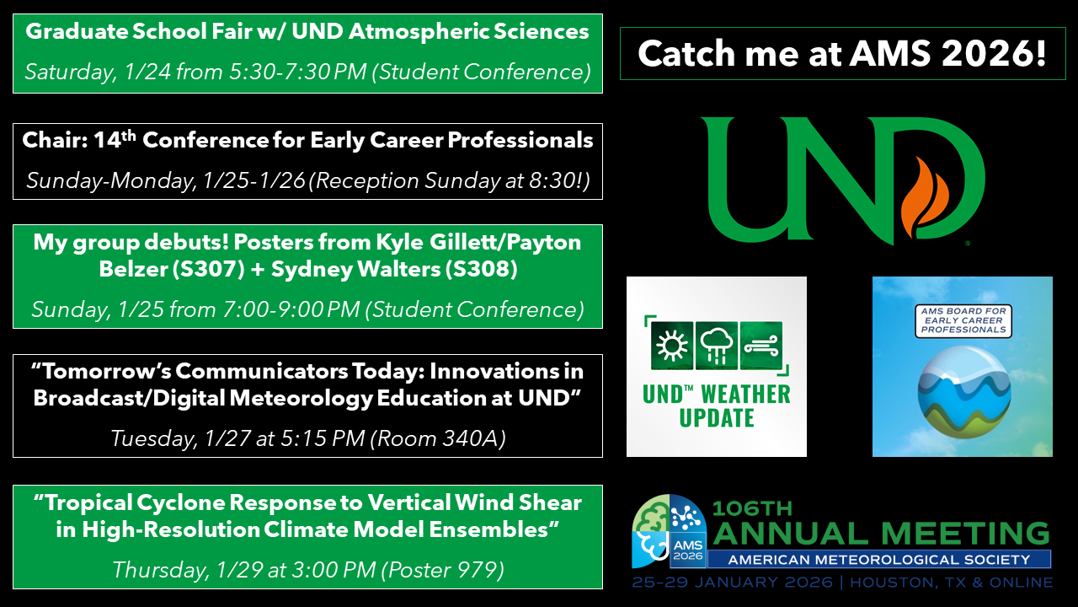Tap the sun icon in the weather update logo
[672, 346]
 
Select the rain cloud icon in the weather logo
[717, 346]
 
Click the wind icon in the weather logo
[760, 346]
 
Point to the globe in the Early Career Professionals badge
[964, 392]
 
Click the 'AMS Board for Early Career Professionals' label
[963, 320]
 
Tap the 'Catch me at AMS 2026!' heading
[842, 53]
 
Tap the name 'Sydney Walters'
[355, 269]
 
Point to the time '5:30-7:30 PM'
[297, 72]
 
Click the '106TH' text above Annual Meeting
[752, 508]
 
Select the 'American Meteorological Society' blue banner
[879, 559]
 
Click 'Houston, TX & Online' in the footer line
[951, 582]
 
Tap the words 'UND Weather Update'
[717, 406]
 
